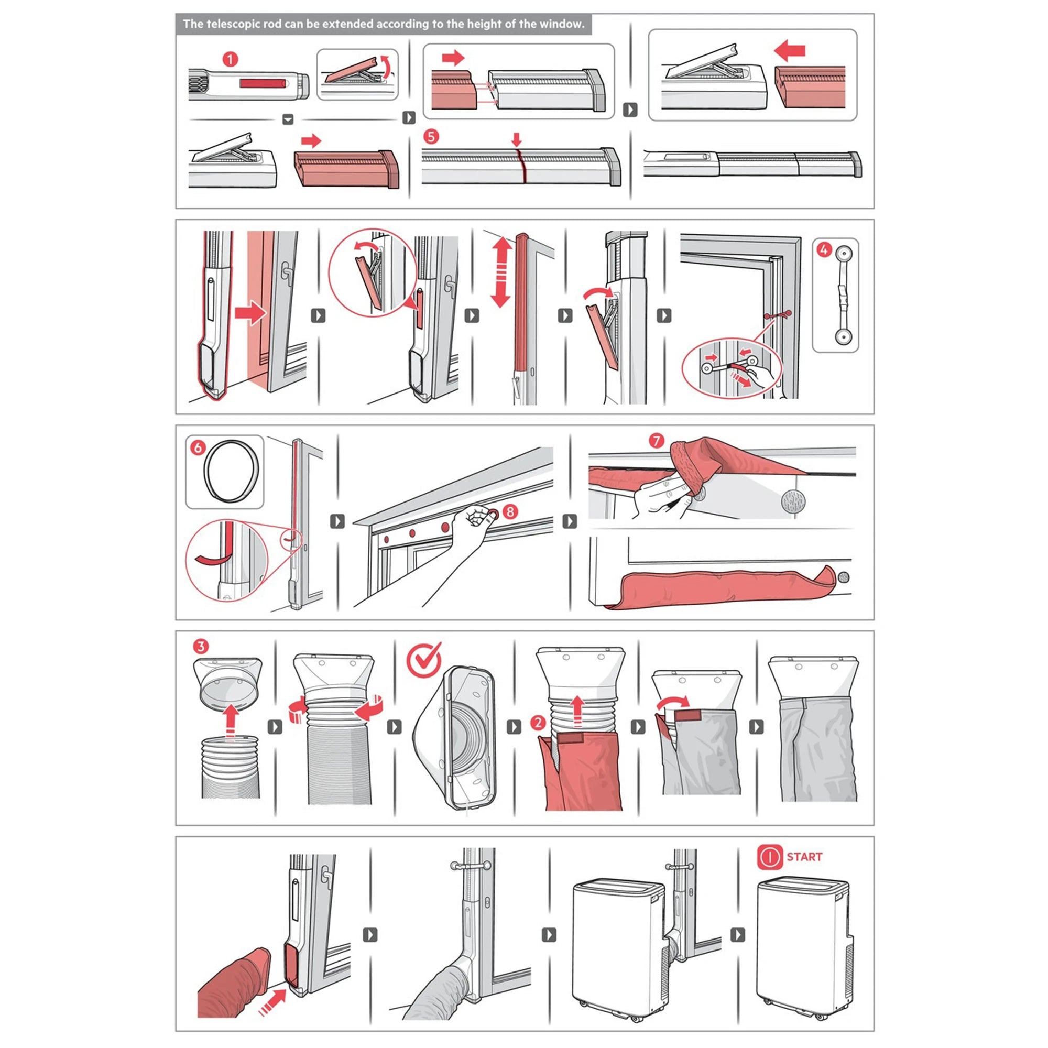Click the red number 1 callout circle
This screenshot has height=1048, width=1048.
click(x=231, y=59)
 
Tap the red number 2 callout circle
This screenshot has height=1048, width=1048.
click(x=538, y=723)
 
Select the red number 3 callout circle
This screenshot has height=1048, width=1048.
click(x=201, y=647)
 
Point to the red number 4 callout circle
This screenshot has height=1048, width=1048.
click(x=824, y=250)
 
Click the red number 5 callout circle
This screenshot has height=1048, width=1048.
click(x=431, y=136)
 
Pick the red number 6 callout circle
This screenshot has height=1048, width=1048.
click(x=198, y=447)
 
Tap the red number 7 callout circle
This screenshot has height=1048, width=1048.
click(x=657, y=441)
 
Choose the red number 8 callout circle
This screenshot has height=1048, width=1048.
click(x=510, y=511)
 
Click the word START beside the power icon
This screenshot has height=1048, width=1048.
click(x=804, y=857)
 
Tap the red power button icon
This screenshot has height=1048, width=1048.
click(x=770, y=857)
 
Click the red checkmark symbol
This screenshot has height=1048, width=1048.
click(x=425, y=660)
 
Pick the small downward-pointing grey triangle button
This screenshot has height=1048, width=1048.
click(x=288, y=119)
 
